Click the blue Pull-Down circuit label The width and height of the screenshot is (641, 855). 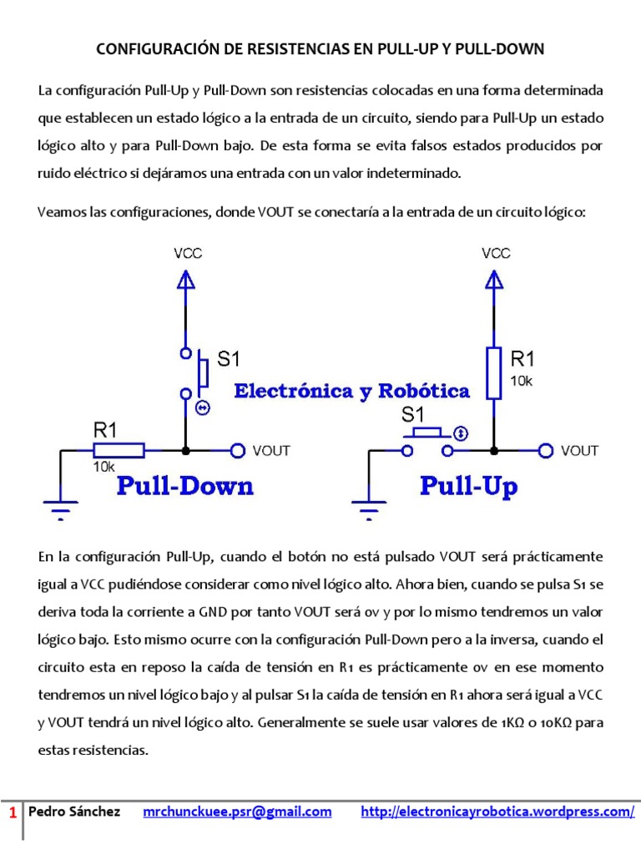tap(184, 486)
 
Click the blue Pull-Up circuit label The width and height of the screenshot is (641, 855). tap(468, 486)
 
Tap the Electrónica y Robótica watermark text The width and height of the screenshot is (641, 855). tap(351, 391)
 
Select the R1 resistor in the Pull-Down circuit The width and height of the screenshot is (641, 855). tap(121, 451)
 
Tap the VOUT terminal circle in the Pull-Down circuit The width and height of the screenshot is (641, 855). tap(238, 451)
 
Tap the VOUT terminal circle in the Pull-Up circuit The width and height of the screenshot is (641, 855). tap(546, 451)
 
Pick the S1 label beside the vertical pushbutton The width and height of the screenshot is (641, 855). tap(228, 360)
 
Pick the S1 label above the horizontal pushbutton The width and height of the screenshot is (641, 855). tap(414, 414)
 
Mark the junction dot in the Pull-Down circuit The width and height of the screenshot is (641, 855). tap(186, 451)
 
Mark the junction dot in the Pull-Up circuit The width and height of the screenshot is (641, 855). tap(494, 451)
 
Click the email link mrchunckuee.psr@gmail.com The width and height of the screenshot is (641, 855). tap(237, 812)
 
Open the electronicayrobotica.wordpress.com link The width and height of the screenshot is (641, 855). tap(497, 812)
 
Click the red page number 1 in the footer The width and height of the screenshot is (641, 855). tap(12, 812)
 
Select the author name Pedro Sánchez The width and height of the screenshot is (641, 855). tap(74, 812)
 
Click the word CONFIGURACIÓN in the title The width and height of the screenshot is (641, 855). tap(158, 49)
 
